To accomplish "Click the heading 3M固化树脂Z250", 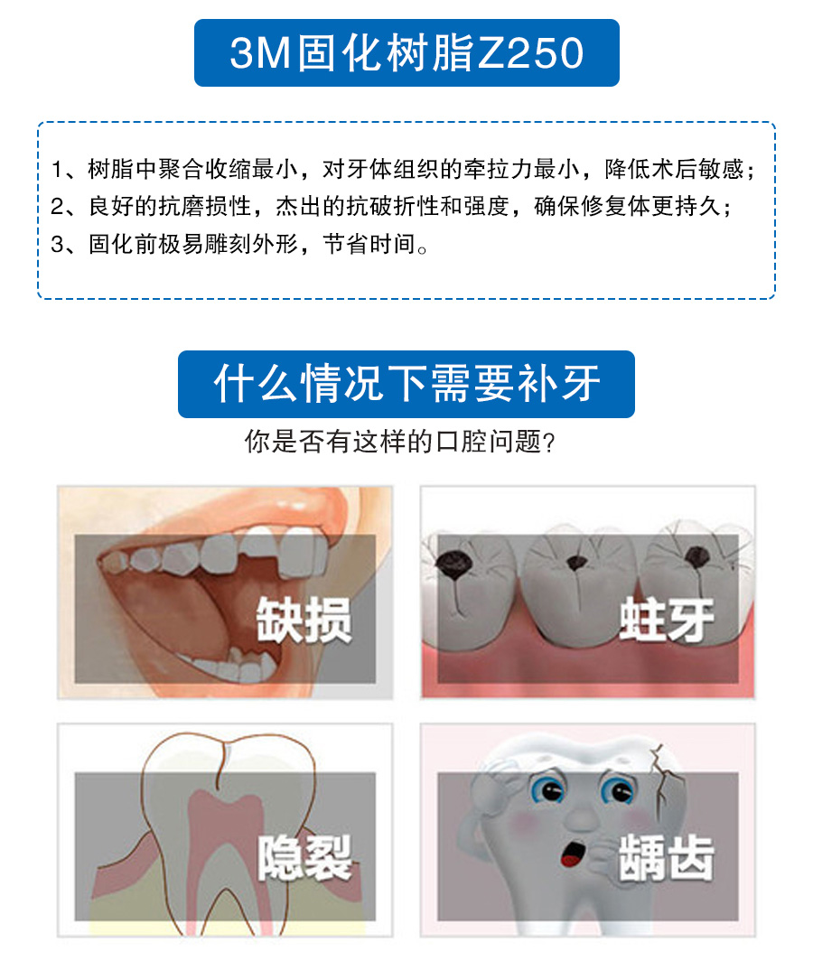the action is (x=406, y=52).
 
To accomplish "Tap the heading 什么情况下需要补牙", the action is (x=406, y=384).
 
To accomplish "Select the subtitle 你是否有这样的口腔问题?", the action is (x=399, y=442).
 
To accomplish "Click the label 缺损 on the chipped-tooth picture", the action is (x=304, y=620).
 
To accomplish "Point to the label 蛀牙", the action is (x=667, y=620).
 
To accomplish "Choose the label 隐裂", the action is (x=304, y=857).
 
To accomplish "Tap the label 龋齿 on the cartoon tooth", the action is (x=667, y=857).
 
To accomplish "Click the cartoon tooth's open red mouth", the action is (x=573, y=853).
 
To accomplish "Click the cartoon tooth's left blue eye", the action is (x=549, y=790).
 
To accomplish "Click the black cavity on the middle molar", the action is (x=577, y=563).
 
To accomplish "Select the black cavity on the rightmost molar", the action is (x=697, y=556).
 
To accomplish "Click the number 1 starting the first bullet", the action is (x=57, y=169).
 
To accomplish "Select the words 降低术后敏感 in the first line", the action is (x=675, y=169).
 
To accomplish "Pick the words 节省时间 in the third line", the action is (x=369, y=245).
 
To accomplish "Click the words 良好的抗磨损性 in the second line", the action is (x=170, y=207).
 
